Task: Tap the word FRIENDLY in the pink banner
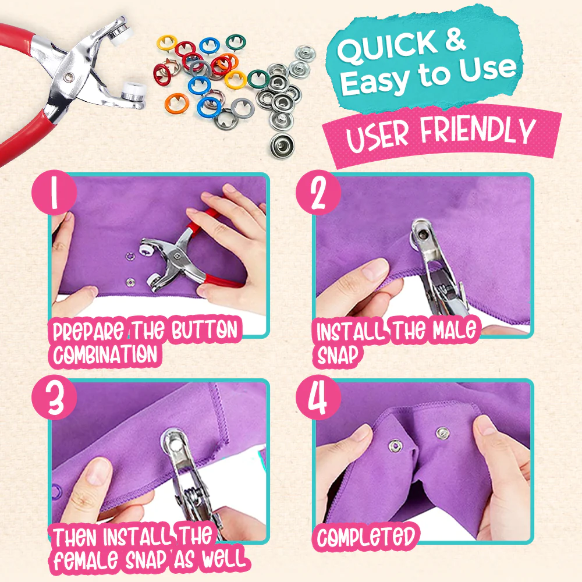(x=477, y=133)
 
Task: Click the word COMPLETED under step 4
(x=367, y=537)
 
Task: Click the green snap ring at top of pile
(x=235, y=42)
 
